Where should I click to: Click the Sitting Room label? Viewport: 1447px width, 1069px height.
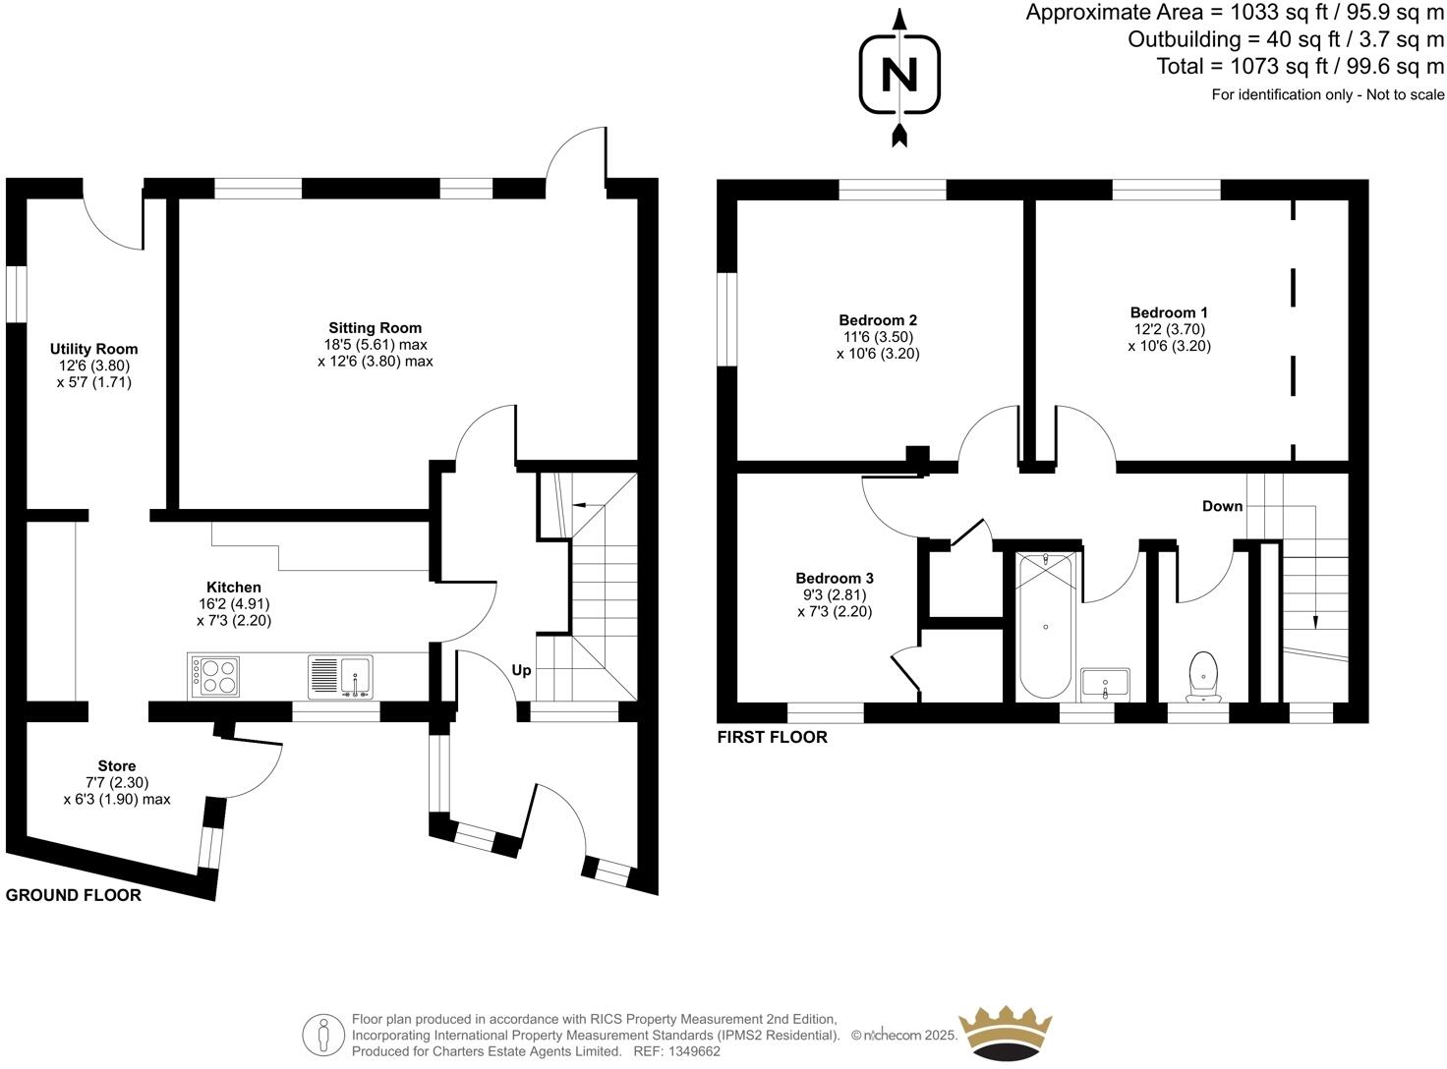(375, 328)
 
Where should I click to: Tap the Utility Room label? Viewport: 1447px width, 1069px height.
(94, 349)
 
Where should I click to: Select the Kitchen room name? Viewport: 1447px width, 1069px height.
(233, 588)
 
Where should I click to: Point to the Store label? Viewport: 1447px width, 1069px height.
(117, 766)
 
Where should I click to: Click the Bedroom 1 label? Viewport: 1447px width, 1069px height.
(1169, 313)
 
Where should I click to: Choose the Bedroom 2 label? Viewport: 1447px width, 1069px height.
(878, 320)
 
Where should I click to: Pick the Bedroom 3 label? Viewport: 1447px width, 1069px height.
(835, 579)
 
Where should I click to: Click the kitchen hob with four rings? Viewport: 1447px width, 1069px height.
(214, 676)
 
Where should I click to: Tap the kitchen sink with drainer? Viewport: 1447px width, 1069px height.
(340, 676)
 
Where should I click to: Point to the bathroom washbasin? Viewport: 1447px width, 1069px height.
(1106, 683)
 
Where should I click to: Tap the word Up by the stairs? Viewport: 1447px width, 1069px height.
(521, 670)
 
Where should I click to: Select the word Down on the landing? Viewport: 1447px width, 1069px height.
(1222, 506)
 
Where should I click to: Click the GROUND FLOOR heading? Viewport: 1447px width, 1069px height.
(74, 895)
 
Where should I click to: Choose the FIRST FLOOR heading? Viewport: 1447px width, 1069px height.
(772, 737)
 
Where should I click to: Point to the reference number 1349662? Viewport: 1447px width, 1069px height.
(692, 1051)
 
